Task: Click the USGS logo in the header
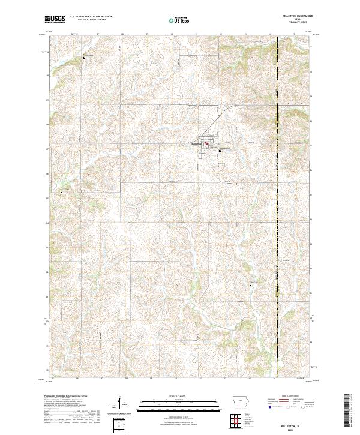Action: tap(55, 19)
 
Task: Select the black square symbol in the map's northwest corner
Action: tap(84, 58)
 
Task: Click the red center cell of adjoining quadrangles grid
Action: tap(239, 419)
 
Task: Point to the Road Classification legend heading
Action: tap(289, 397)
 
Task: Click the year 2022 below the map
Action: tap(300, 428)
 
